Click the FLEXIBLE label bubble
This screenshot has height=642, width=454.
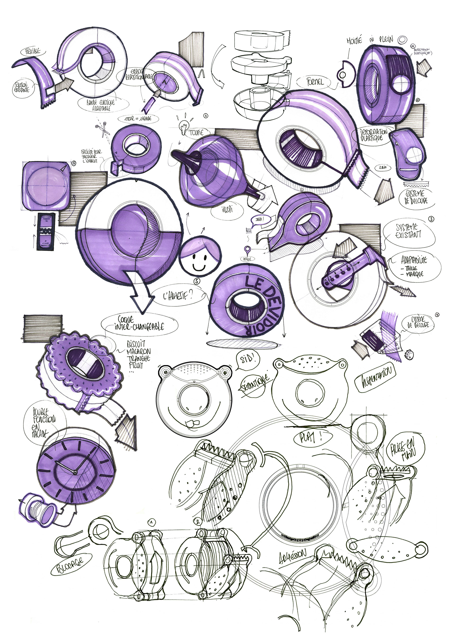coord(32,51)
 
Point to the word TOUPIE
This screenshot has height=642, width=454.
coord(196,133)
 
